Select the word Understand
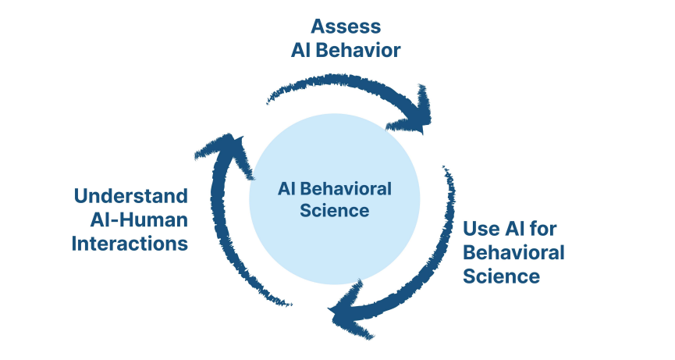click(x=130, y=195)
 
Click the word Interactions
click(x=130, y=244)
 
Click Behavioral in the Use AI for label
click(x=513, y=252)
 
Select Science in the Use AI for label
click(x=502, y=276)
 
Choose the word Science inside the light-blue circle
click(x=334, y=210)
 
